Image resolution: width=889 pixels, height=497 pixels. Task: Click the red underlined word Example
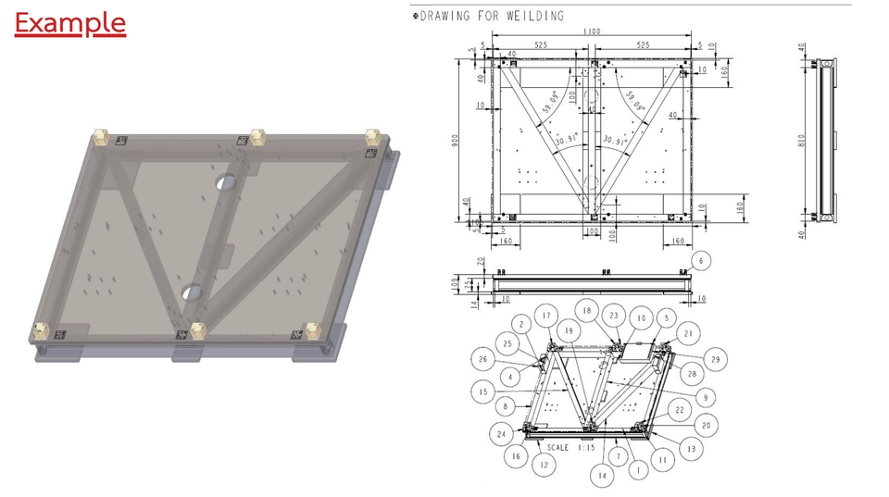coord(69,23)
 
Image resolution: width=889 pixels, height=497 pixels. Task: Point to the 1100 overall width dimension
coord(592,31)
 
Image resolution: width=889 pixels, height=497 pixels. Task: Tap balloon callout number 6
coord(702,262)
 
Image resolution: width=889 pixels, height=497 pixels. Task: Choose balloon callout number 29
coord(714,359)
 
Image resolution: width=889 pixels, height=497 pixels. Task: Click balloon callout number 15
coord(483,392)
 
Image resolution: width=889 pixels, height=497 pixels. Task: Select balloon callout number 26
coord(482,359)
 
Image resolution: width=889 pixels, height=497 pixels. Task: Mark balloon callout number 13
coord(688,448)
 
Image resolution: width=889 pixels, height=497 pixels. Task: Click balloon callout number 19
coord(569,329)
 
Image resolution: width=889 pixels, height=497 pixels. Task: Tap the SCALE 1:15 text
coord(572,447)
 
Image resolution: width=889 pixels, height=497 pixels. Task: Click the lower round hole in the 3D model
coord(192,292)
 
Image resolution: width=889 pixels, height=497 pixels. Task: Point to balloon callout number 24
coord(500,433)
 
